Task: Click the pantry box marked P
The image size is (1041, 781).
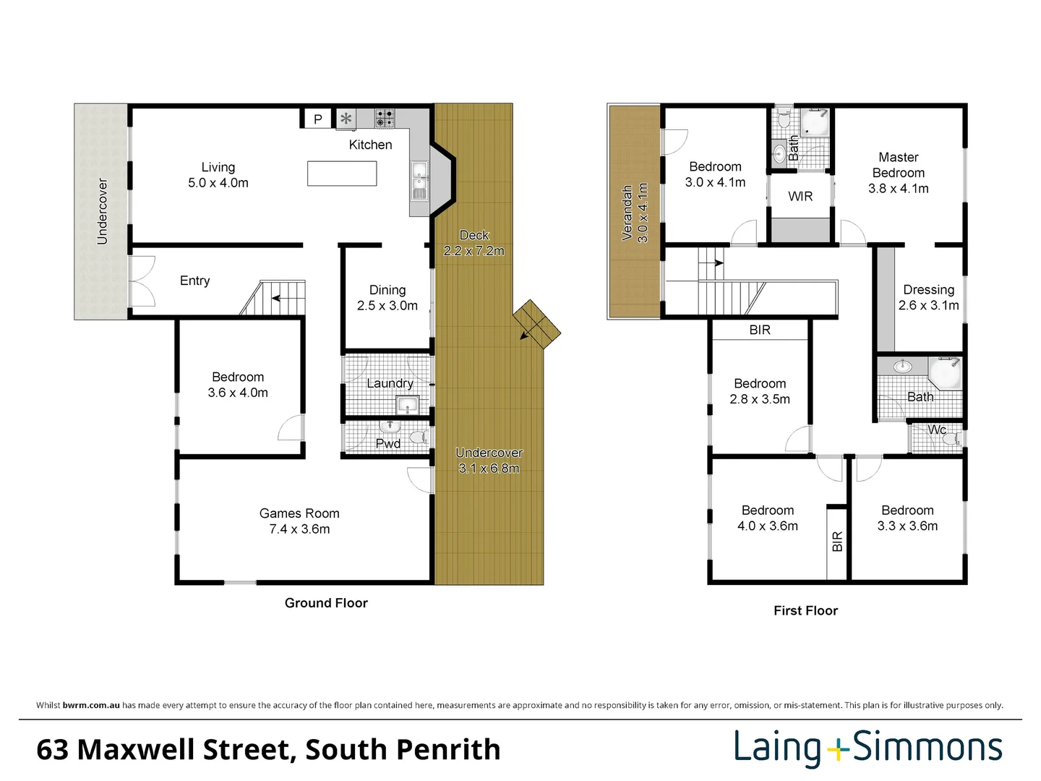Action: point(317,119)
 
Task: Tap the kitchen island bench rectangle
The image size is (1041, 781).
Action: point(342,174)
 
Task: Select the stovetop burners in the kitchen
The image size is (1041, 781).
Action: point(385,119)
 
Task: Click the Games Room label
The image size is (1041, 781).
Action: point(299,513)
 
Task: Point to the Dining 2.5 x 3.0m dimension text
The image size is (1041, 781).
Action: point(387,305)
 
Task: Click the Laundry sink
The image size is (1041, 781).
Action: point(407,405)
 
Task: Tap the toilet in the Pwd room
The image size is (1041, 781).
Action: point(419,437)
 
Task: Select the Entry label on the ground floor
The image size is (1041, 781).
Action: point(194,281)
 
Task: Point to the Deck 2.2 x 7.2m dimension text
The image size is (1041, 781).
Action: point(474,250)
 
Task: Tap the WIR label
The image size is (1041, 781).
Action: point(800,196)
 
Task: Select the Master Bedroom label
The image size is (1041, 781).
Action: point(899,165)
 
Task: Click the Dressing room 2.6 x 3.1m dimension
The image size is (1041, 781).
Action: point(928,305)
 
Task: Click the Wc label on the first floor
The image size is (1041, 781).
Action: point(937,430)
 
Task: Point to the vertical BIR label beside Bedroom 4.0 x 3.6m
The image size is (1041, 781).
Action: point(837,542)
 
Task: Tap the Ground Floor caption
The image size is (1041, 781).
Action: point(326,602)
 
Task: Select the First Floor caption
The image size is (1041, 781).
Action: point(805,610)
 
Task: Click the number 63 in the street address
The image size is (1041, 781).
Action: point(52,750)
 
